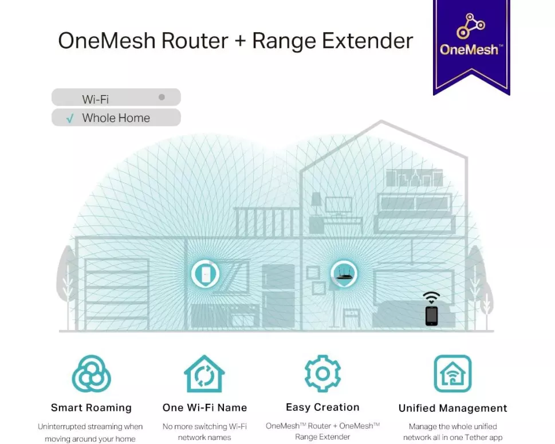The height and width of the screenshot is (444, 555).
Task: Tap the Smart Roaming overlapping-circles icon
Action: click(x=91, y=374)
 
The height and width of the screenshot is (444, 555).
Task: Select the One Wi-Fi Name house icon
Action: click(x=204, y=374)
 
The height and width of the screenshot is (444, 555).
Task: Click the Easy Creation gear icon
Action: click(x=322, y=374)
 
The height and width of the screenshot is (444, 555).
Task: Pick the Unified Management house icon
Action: click(x=452, y=374)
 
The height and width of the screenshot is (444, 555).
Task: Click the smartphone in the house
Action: click(x=431, y=316)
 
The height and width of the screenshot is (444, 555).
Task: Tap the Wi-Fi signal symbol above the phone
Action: click(x=431, y=297)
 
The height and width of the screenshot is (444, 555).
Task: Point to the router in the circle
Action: click(x=344, y=274)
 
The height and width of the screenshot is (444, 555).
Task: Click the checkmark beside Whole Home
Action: click(x=70, y=119)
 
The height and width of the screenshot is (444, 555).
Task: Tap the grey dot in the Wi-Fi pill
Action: click(x=162, y=97)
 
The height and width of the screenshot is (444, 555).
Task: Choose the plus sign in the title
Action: click(x=240, y=42)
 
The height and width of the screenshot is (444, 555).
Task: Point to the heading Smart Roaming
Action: click(x=91, y=408)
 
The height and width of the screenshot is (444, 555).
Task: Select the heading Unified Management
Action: click(x=452, y=408)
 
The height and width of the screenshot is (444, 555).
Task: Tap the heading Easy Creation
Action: click(x=322, y=407)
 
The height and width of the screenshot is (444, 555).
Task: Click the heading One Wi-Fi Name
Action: click(x=204, y=408)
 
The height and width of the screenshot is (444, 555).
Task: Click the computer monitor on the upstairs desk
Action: click(x=338, y=205)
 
